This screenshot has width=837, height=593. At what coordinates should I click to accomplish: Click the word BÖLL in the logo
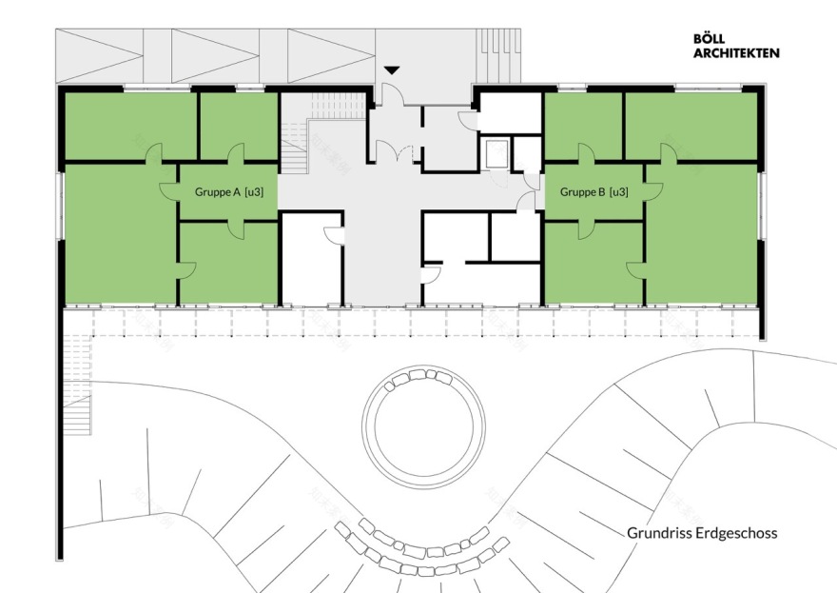point(712,40)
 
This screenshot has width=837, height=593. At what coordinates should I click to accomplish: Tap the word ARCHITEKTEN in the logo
point(737,53)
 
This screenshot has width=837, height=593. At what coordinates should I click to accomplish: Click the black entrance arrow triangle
point(391,70)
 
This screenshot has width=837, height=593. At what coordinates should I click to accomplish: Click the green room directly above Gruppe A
point(239,125)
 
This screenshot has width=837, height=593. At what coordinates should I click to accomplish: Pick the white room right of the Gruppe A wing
point(312,262)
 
